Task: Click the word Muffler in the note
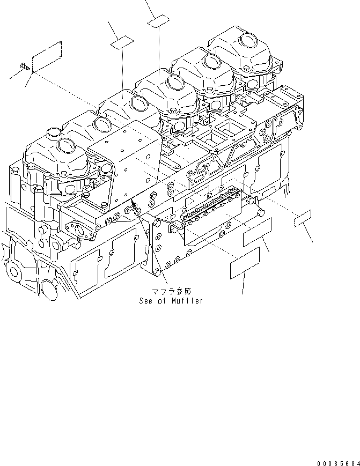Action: point(188,301)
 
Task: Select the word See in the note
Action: point(146,301)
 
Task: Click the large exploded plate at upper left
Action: point(48,55)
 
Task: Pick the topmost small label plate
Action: point(159,22)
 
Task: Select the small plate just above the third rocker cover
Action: point(122,42)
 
